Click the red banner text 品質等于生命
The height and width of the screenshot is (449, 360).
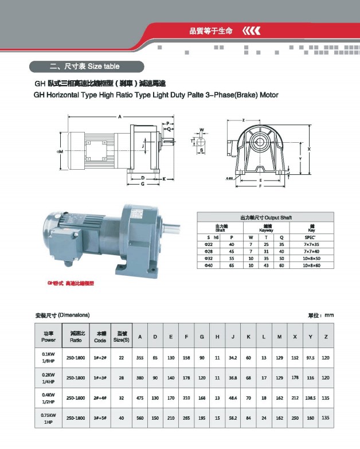(210, 31)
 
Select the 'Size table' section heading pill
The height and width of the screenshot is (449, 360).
(84, 67)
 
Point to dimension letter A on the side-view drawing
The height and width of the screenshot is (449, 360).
(120, 116)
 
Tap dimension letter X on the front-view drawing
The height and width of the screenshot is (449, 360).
(309, 148)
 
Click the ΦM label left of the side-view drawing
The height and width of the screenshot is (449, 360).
(60, 151)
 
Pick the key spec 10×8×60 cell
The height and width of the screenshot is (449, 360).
(311, 266)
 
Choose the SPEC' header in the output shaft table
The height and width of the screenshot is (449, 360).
(311, 237)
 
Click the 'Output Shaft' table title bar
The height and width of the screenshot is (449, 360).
(265, 218)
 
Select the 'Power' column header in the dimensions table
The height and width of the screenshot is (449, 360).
(49, 336)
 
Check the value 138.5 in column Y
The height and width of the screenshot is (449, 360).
(310, 397)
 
